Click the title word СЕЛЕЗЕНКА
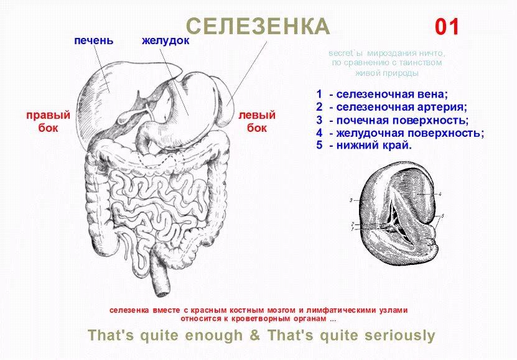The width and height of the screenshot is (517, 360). (x=258, y=27)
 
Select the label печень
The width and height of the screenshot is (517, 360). (x=93, y=41)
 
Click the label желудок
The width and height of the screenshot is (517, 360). (x=165, y=41)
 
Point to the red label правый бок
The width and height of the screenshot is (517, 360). (x=48, y=122)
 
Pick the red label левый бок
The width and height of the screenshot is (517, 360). (x=257, y=122)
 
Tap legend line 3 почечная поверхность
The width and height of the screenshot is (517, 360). (x=392, y=121)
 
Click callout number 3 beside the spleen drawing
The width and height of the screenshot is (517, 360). (x=351, y=200)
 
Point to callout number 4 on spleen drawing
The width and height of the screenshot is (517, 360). (x=440, y=195)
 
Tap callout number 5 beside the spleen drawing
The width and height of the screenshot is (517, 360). (x=442, y=216)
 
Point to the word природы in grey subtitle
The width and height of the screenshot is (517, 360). (x=402, y=73)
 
